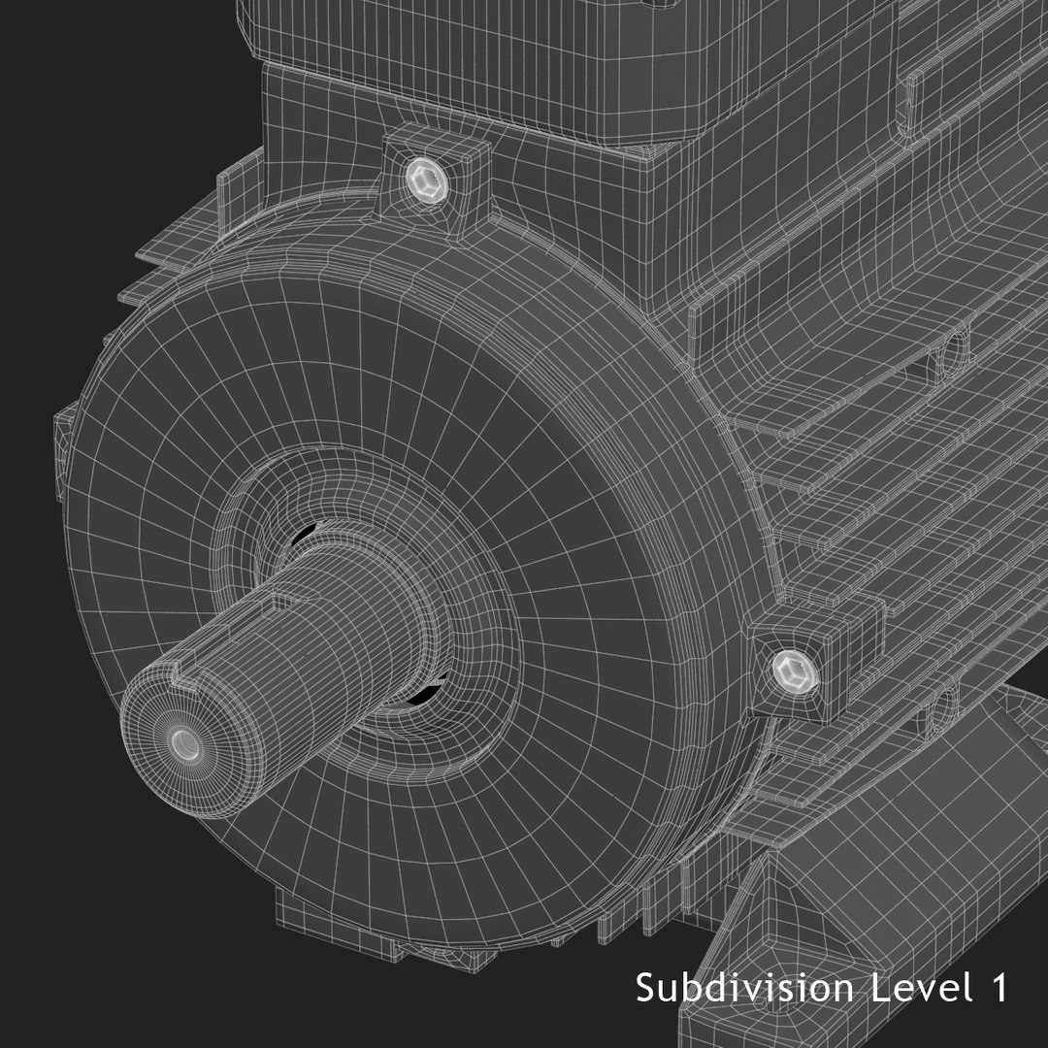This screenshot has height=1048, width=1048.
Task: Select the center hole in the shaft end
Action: tap(183, 743)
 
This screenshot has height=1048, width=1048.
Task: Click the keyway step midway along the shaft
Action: tap(282, 599)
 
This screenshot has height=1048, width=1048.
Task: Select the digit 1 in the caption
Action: tap(997, 989)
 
